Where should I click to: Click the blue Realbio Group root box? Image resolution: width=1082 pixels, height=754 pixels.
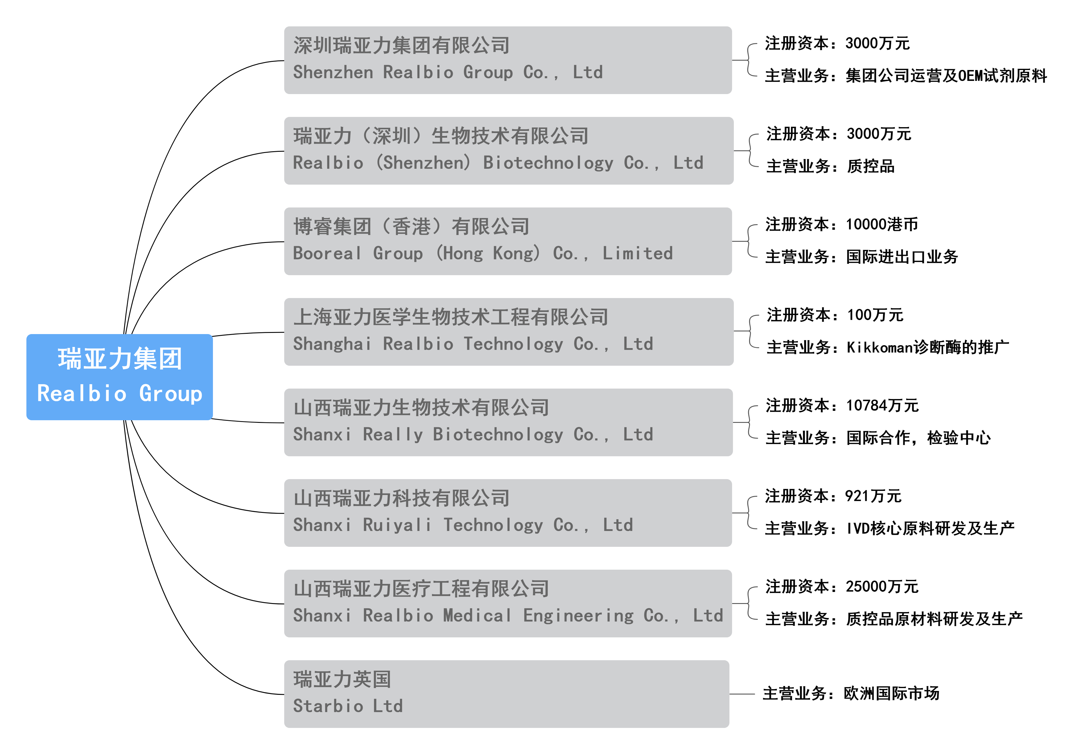pos(119,377)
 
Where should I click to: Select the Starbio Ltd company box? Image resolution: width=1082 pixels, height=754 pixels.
pos(507,694)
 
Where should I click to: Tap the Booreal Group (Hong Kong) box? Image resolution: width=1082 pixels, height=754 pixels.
pos(507,241)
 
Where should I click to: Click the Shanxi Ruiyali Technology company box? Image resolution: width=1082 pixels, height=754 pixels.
pos(507,513)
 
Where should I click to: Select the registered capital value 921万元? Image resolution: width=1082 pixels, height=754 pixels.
pos(873,496)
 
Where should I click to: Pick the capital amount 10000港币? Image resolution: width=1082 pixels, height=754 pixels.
pos(882,224)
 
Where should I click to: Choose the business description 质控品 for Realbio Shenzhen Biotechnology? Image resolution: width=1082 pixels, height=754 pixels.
pos(871,166)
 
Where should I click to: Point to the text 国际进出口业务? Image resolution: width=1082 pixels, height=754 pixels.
pos(902,257)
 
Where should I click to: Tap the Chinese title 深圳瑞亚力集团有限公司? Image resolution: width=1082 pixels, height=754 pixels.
pos(402,46)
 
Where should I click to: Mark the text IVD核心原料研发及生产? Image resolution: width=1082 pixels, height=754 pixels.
pos(930,528)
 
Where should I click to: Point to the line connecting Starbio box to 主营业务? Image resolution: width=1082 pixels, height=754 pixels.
pos(742,694)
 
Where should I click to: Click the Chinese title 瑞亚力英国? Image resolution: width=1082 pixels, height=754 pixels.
pos(342,679)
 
